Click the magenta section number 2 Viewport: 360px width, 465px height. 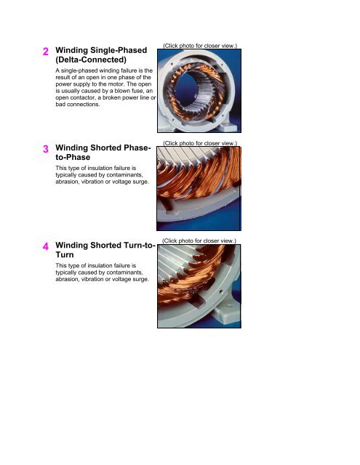click(x=45, y=52)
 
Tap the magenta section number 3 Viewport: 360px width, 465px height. click(x=46, y=149)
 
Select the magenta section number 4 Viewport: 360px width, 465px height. click(x=46, y=246)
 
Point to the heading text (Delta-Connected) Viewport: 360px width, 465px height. click(x=91, y=60)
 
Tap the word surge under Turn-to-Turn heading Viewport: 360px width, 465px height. click(x=142, y=279)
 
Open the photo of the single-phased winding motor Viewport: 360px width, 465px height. click(x=199, y=91)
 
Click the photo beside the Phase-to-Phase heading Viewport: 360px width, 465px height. click(x=199, y=188)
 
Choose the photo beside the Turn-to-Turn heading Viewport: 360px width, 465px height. click(x=199, y=286)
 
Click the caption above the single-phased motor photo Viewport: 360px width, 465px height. click(x=200, y=46)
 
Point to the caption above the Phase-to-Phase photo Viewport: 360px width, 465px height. click(x=200, y=143)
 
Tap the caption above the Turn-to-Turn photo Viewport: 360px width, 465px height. click(x=199, y=240)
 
